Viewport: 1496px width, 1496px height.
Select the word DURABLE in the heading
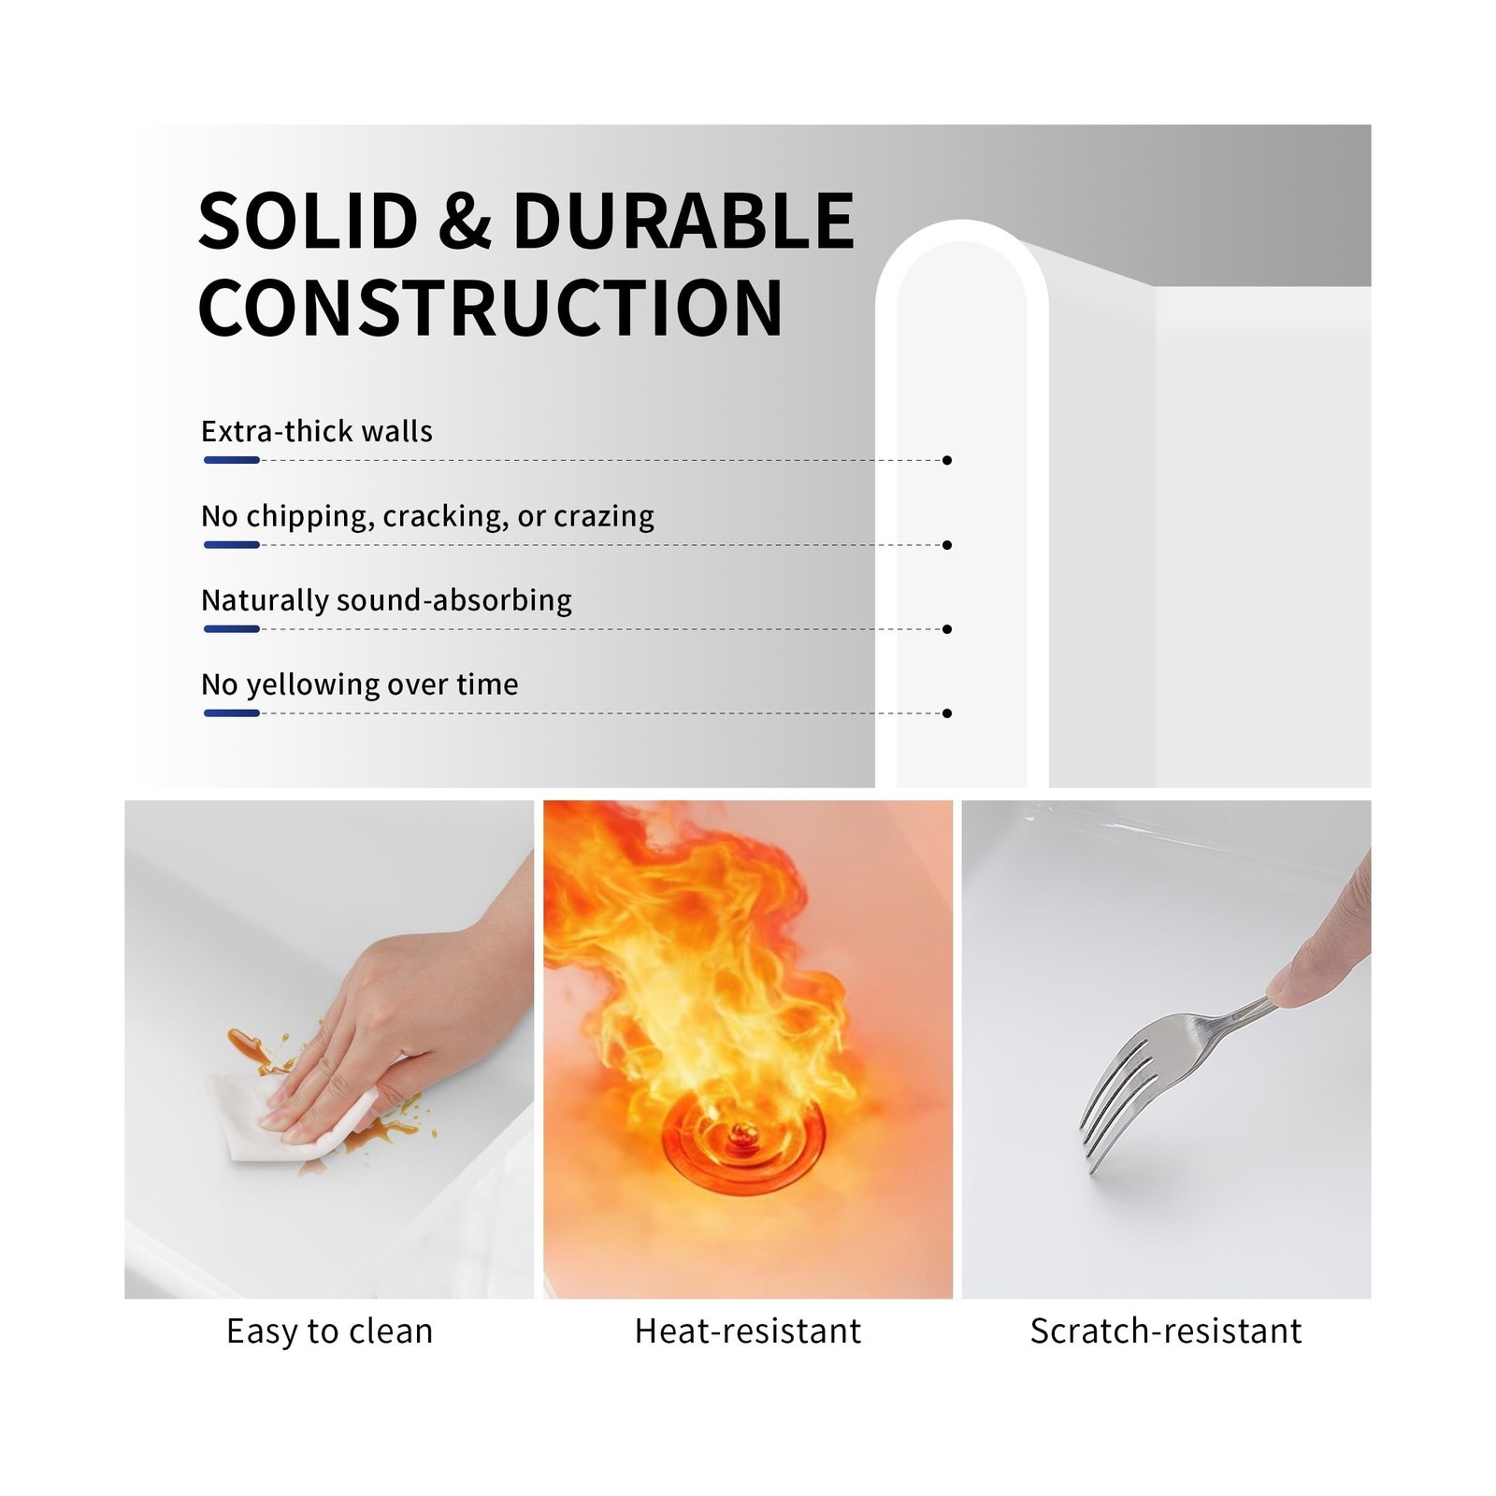click(x=683, y=221)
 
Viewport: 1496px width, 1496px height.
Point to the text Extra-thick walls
click(x=317, y=431)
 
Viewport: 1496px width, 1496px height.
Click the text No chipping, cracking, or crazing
click(x=427, y=516)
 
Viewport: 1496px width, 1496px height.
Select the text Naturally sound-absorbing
click(x=386, y=600)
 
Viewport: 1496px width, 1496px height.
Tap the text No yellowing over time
click(x=360, y=684)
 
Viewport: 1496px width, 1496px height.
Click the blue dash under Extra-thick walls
click(x=232, y=460)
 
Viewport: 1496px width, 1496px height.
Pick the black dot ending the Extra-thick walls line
click(x=947, y=460)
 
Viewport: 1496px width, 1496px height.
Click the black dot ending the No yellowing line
click(x=947, y=713)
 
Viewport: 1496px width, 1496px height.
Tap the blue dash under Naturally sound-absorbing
click(x=232, y=629)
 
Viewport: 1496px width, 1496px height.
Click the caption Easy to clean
click(x=330, y=1331)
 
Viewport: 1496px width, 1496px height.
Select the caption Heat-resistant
click(x=748, y=1331)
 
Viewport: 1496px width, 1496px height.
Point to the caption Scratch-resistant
click(x=1166, y=1331)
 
